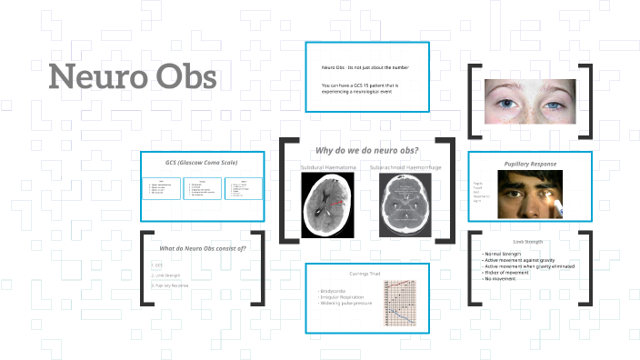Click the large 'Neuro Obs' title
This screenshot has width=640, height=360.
(x=133, y=76)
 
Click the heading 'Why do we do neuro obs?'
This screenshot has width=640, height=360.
(x=366, y=150)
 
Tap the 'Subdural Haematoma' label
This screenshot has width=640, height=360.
(x=326, y=167)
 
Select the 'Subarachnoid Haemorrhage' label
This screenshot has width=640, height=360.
(x=405, y=167)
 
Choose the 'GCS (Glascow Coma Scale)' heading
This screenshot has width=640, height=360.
(x=201, y=162)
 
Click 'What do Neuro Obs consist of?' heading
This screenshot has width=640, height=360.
(x=203, y=248)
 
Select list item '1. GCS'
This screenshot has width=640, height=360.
(x=158, y=265)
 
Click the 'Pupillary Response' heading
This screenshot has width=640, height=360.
(x=530, y=164)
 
